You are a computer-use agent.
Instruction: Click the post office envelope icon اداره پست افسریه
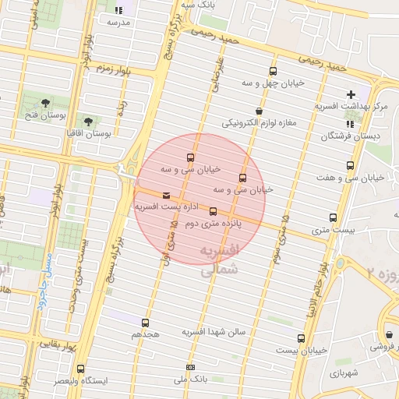click(166, 196)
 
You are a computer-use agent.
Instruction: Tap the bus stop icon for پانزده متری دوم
click(213, 212)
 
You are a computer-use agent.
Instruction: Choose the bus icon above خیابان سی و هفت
click(350, 166)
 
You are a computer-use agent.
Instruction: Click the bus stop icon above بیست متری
click(334, 218)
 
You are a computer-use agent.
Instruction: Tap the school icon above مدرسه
click(118, 11)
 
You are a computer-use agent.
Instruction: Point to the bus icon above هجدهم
click(145, 323)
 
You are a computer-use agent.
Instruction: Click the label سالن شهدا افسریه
click(214, 332)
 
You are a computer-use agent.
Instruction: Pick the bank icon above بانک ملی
click(190, 367)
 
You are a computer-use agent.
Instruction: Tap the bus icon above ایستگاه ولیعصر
click(80, 369)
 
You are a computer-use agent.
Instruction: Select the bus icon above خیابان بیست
click(301, 338)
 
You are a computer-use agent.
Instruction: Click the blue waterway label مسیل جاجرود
click(43, 277)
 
